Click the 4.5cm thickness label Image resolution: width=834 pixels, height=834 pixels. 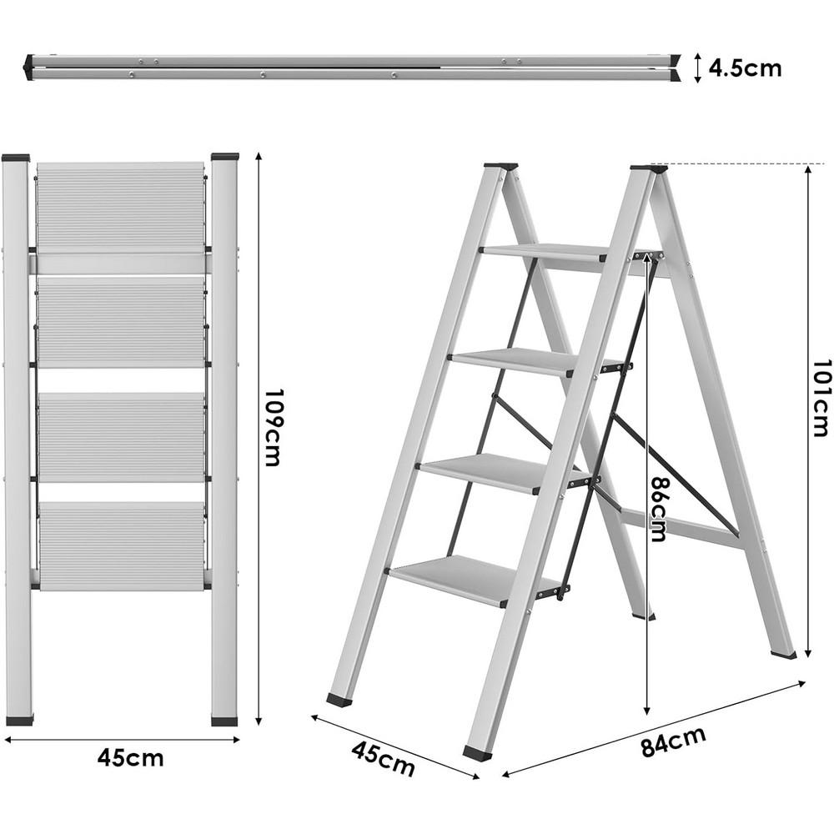click(745, 68)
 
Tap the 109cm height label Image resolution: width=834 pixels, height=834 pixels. click(273, 427)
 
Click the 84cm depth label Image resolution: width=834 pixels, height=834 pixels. click(673, 741)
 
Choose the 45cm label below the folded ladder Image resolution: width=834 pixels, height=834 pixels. click(130, 758)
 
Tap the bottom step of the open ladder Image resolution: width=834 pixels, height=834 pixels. click(467, 578)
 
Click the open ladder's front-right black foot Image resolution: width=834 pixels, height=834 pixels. click(477, 753)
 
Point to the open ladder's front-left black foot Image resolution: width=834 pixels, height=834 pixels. click(339, 700)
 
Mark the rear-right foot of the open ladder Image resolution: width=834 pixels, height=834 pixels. click(783, 655)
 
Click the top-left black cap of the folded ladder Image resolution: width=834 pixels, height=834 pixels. click(16, 157)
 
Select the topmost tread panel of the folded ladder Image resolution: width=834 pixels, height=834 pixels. click(121, 207)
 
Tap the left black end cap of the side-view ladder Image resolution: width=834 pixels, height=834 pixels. click(28, 67)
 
